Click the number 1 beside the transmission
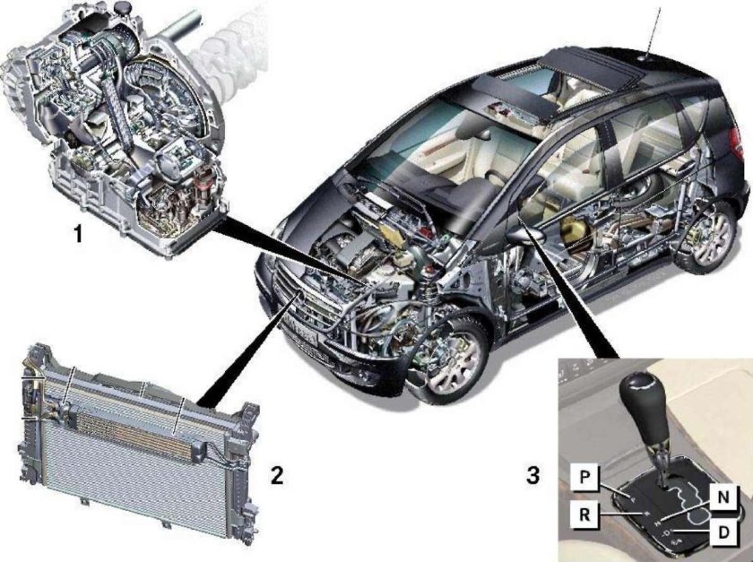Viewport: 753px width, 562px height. point(77,234)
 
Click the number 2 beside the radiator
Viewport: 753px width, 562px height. point(277,475)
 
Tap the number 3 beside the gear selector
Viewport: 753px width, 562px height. point(533,475)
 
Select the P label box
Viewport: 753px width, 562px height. point(584,477)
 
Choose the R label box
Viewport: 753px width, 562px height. point(584,514)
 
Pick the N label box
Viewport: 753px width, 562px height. point(723,497)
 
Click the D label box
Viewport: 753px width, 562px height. point(723,532)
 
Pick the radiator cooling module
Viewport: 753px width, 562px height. point(139,445)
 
